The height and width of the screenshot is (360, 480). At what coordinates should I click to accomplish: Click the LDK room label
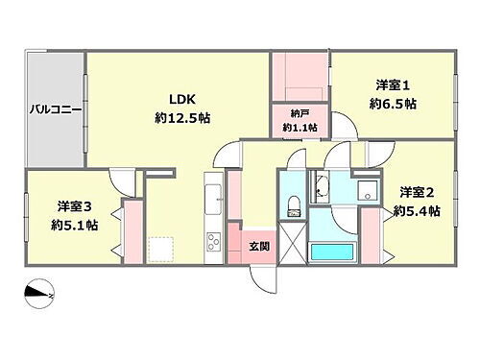182,99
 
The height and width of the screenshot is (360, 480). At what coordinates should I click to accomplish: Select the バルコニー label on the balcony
55,109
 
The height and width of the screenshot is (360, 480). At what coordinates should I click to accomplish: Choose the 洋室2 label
417,191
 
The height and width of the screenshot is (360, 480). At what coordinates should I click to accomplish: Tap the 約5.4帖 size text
417,209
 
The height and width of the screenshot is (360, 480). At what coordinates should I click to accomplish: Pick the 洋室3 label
74,205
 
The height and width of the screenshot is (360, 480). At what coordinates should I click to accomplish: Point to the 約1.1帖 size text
299,127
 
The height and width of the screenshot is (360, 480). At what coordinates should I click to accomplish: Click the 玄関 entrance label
258,246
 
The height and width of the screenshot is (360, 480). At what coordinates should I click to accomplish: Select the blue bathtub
336,252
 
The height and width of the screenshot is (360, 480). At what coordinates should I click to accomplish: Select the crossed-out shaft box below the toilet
292,239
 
